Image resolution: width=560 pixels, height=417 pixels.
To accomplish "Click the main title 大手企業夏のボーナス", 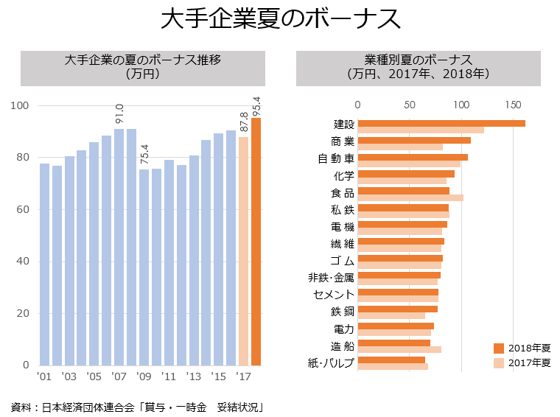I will tap(280, 20).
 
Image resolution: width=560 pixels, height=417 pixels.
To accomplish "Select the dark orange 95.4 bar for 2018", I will tap(256, 242).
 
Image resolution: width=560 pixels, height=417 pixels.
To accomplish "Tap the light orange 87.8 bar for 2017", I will tap(243, 251).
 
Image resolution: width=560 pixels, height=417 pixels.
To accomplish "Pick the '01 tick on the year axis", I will tap(44, 376).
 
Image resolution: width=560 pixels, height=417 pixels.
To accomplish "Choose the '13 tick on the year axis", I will tap(194, 376).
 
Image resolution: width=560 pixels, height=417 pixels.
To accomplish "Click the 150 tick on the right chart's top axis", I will tap(514, 105).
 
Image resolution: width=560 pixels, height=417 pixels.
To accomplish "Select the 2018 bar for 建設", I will tap(441, 123).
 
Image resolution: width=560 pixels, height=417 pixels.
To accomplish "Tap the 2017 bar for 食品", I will tap(410, 197).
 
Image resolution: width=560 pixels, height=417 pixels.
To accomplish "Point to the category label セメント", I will tap(334, 295).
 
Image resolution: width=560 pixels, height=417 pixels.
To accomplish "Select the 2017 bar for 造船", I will tap(399, 349).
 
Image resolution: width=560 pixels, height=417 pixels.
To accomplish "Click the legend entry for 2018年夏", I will tap(522, 347).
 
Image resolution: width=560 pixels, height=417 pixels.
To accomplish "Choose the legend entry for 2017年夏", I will tap(522, 362).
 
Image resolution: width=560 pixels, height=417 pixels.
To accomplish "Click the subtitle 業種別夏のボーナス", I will tap(418, 60).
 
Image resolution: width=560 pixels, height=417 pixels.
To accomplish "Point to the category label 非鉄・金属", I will tap(331, 278).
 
